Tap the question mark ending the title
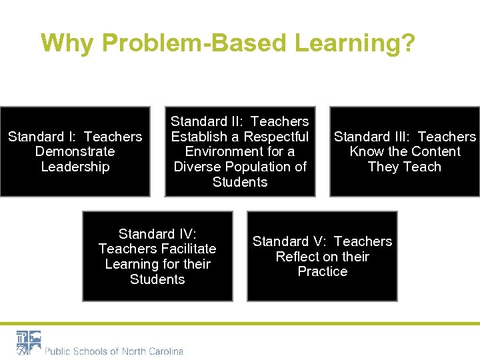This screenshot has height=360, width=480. [407, 43]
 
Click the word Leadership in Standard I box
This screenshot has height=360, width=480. [75, 167]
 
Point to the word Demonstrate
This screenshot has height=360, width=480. [75, 151]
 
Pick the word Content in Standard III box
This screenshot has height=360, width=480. [434, 151]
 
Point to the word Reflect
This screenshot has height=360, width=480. [299, 257]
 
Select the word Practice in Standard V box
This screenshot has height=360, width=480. [323, 272]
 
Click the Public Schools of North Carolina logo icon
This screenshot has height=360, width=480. [29, 343]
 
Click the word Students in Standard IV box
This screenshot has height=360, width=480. [157, 279]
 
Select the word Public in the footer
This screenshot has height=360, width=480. [59, 351]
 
